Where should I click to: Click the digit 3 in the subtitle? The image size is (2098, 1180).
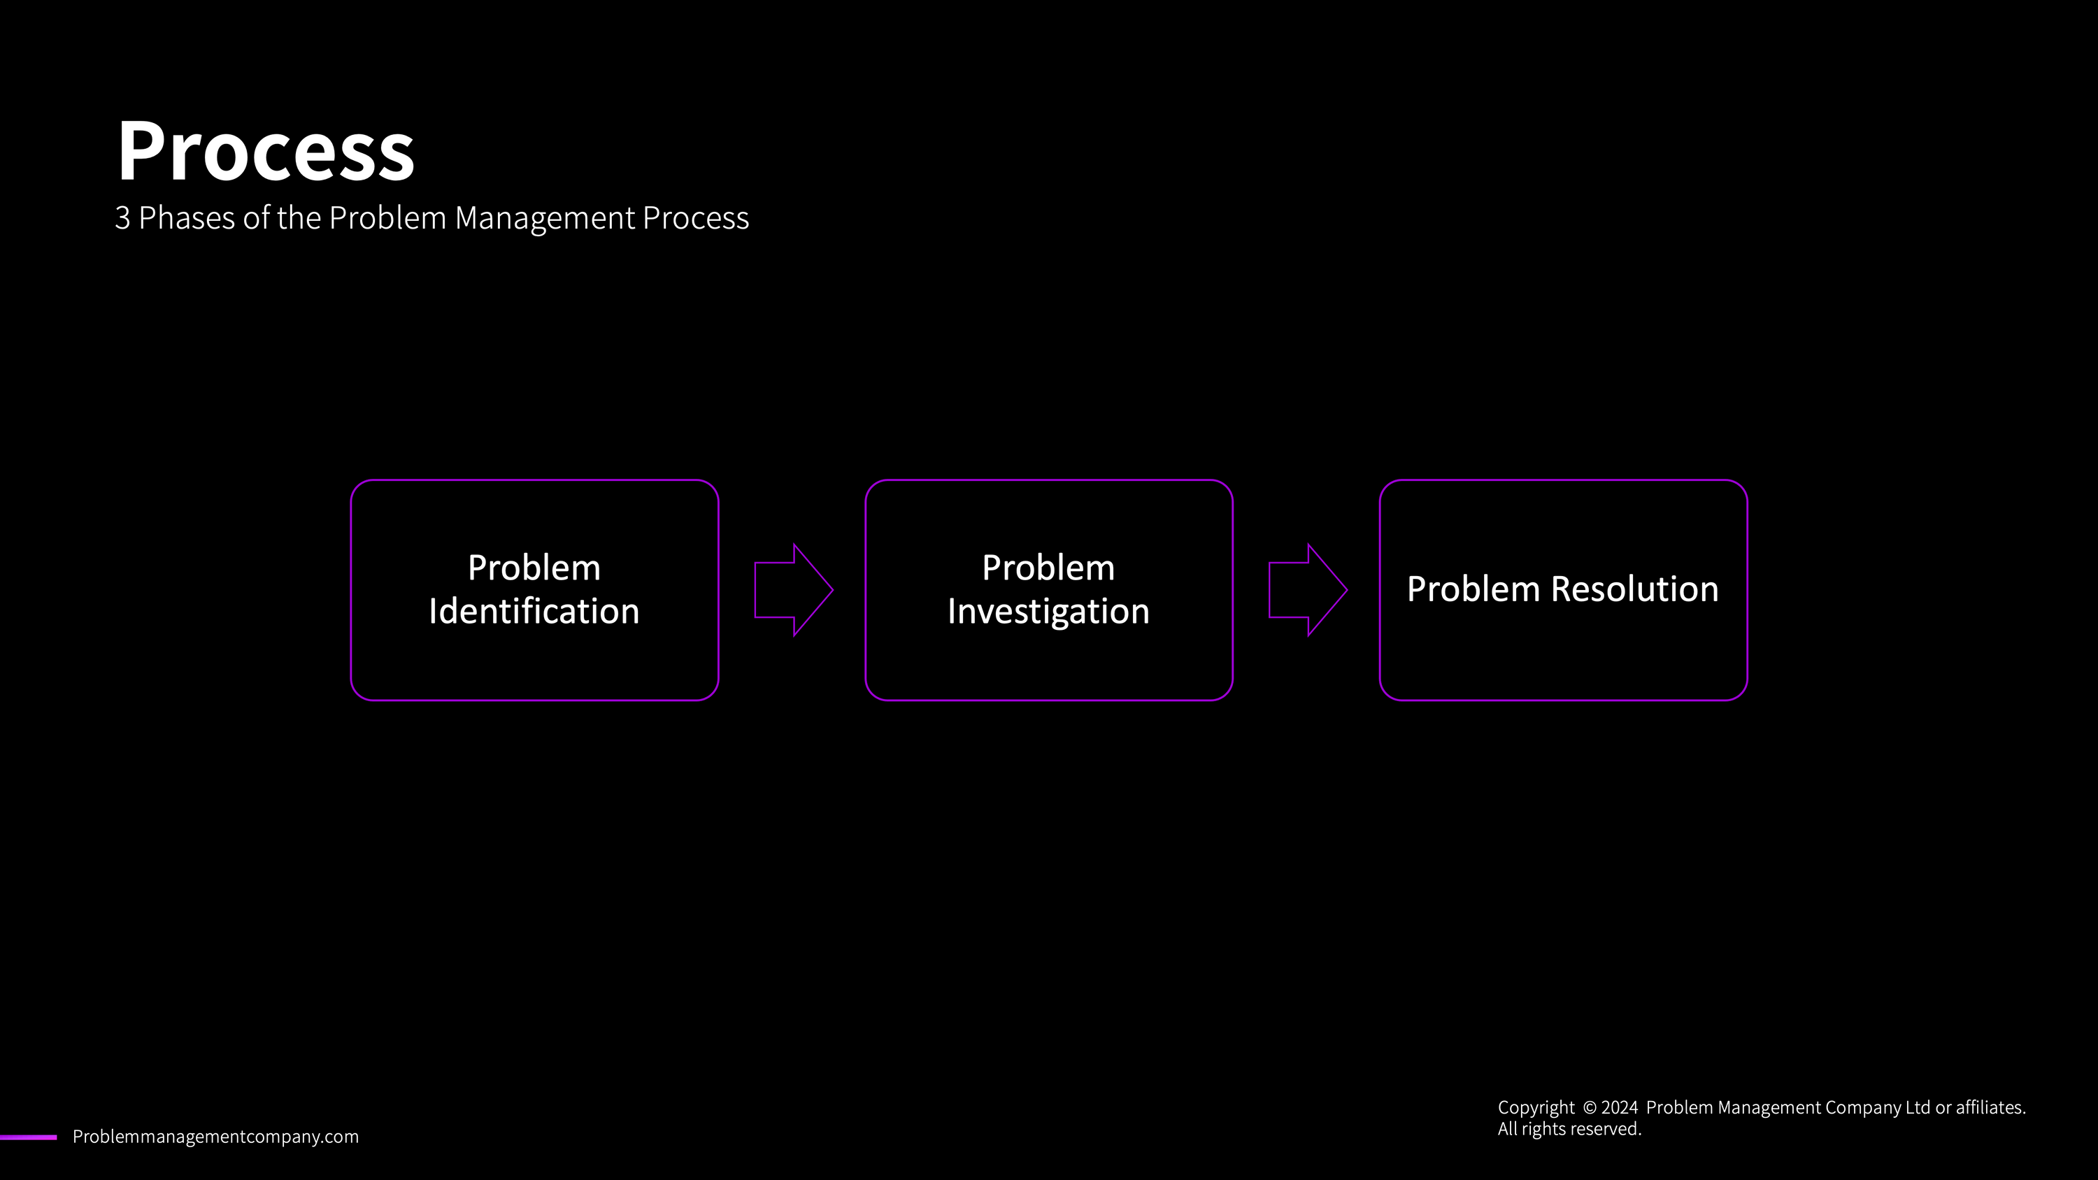[x=122, y=218]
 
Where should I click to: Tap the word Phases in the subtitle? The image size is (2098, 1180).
[x=187, y=218]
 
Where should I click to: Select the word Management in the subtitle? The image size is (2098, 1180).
[x=544, y=218]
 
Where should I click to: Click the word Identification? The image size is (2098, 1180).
[x=534, y=612]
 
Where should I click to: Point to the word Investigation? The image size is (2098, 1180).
[x=1048, y=612]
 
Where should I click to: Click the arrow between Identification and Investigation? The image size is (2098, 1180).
[x=793, y=589]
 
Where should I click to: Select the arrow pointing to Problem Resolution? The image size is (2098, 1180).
[x=1307, y=589]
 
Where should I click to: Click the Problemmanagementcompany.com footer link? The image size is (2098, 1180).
[x=216, y=1137]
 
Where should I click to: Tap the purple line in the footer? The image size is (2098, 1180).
[x=29, y=1137]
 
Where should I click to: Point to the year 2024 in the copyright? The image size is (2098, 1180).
[x=1619, y=1107]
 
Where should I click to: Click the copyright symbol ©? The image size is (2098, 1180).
[x=1590, y=1107]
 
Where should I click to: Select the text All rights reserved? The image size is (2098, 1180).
[x=1569, y=1130]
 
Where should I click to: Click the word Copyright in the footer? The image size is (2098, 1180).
[x=1536, y=1107]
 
